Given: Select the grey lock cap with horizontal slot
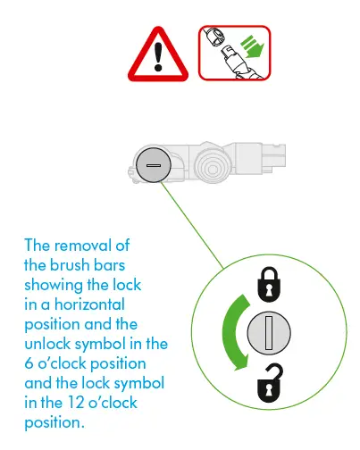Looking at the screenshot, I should click(153, 167).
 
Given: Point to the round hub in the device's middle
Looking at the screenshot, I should click(212, 164).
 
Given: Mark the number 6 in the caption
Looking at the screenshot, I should click(29, 363).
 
